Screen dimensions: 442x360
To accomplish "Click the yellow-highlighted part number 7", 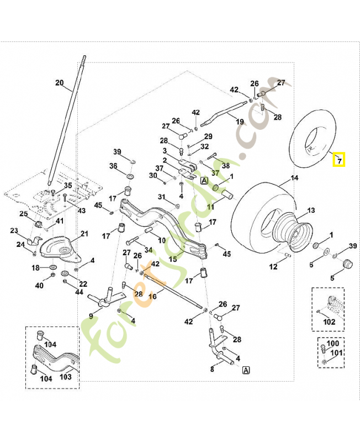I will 340,161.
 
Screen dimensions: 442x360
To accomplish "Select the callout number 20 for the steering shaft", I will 59,83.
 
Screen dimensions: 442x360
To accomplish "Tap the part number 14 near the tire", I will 294,178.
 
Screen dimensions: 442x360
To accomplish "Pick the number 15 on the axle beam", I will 173,259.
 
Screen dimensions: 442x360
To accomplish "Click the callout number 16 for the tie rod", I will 152,297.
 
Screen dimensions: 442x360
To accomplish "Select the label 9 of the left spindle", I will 91,317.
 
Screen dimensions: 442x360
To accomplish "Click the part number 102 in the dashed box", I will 329,320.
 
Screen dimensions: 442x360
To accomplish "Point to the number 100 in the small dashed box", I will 333,344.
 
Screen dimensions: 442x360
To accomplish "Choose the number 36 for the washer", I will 113,166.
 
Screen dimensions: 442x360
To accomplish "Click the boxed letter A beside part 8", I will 245,370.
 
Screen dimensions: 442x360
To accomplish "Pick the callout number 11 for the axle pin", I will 210,207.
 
